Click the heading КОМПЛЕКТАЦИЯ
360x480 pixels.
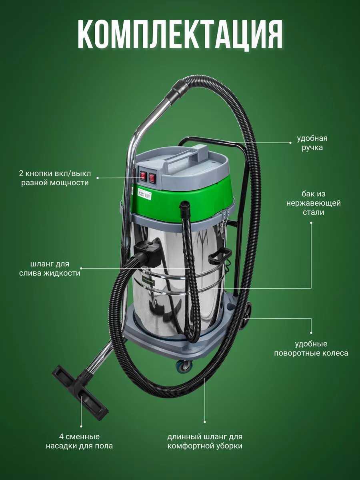click(x=180, y=34)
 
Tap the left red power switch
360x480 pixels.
click(x=143, y=176)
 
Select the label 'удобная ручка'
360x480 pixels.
click(x=312, y=143)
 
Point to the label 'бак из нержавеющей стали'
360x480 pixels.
click(x=314, y=203)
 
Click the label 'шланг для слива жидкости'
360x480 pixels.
click(x=50, y=268)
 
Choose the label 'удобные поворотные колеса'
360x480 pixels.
click(x=311, y=348)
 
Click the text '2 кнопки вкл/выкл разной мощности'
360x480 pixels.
click(x=55, y=178)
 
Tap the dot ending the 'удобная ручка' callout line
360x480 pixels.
click(x=290, y=143)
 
